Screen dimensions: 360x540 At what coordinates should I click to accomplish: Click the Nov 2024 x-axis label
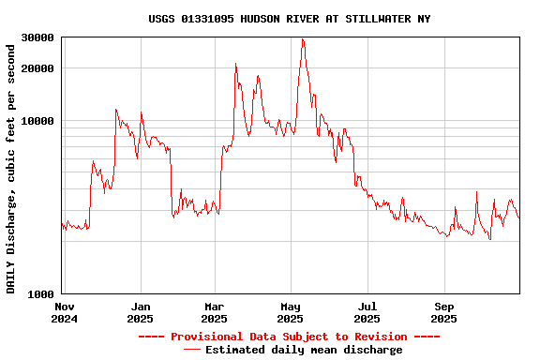[65, 312]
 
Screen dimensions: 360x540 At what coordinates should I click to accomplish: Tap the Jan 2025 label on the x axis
[141, 312]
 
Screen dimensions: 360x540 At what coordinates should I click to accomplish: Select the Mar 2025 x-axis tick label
[215, 312]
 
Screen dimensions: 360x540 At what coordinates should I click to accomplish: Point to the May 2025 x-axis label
[292, 312]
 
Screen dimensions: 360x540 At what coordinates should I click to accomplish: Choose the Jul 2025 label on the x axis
[367, 312]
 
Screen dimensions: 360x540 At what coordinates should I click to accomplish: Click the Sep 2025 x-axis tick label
[444, 312]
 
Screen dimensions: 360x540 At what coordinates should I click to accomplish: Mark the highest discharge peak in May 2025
[303, 39]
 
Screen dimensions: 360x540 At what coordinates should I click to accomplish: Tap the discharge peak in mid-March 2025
[236, 64]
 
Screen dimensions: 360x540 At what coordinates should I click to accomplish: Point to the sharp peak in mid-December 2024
[116, 110]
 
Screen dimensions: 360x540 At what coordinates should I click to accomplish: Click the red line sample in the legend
[192, 350]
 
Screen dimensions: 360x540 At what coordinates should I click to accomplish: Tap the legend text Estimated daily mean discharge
[304, 350]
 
